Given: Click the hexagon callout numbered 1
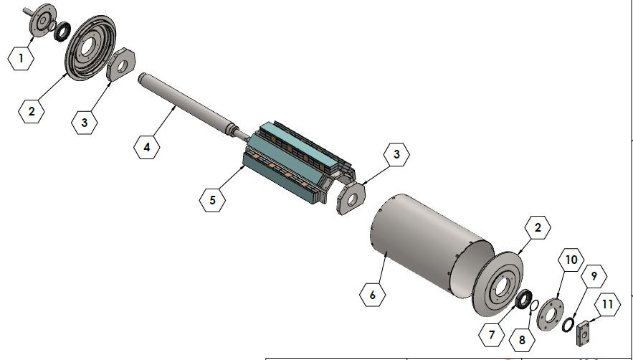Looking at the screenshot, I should point(22,59).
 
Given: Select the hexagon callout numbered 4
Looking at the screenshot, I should point(147,148).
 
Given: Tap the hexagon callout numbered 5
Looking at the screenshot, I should point(212,199).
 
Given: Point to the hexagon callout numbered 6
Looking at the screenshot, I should point(371,295).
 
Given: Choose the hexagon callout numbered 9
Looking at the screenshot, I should point(594,275).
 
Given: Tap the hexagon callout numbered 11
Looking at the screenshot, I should point(607,305).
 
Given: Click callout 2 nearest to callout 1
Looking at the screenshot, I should point(32,112).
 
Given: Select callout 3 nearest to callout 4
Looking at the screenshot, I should point(85,123).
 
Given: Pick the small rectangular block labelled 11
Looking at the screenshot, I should point(583,333).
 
